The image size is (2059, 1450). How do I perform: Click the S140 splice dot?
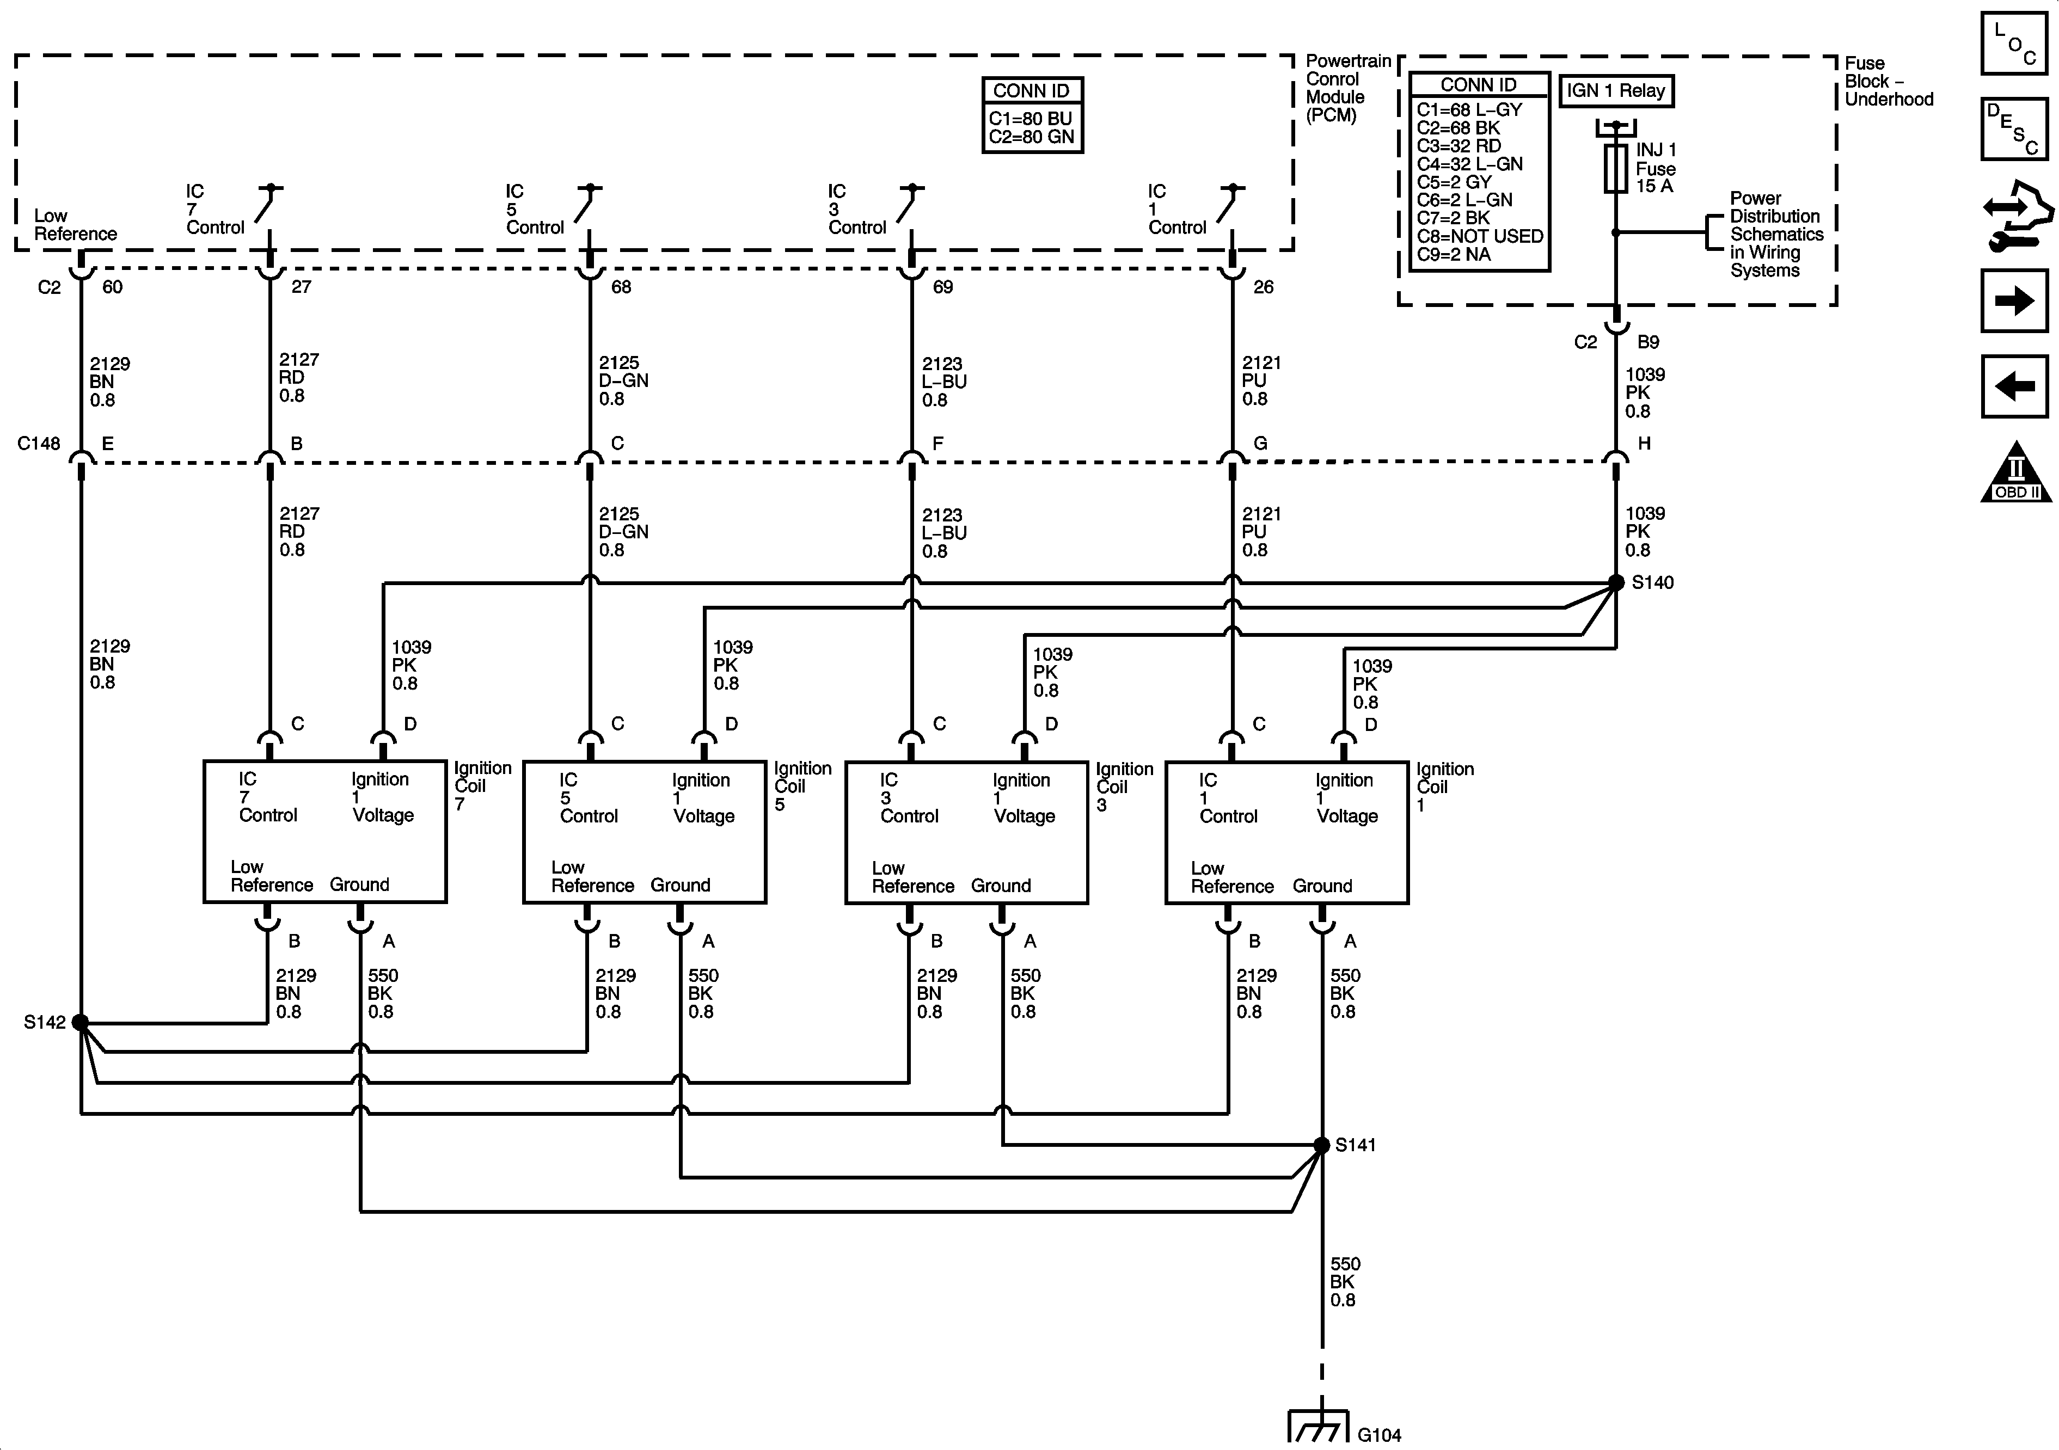click(1616, 582)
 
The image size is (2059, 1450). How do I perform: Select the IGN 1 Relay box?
click(1616, 90)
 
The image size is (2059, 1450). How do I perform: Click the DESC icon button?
click(2014, 128)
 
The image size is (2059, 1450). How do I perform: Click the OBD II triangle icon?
click(2016, 472)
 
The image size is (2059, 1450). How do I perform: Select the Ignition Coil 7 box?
click(324, 831)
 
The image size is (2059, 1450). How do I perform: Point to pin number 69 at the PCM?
click(942, 287)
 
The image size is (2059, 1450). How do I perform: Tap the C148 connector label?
click(39, 443)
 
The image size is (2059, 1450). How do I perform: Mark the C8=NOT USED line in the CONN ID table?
click(1480, 236)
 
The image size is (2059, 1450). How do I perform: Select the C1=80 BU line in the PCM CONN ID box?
click(1031, 118)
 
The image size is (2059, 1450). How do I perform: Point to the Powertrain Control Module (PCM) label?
click(1347, 88)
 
